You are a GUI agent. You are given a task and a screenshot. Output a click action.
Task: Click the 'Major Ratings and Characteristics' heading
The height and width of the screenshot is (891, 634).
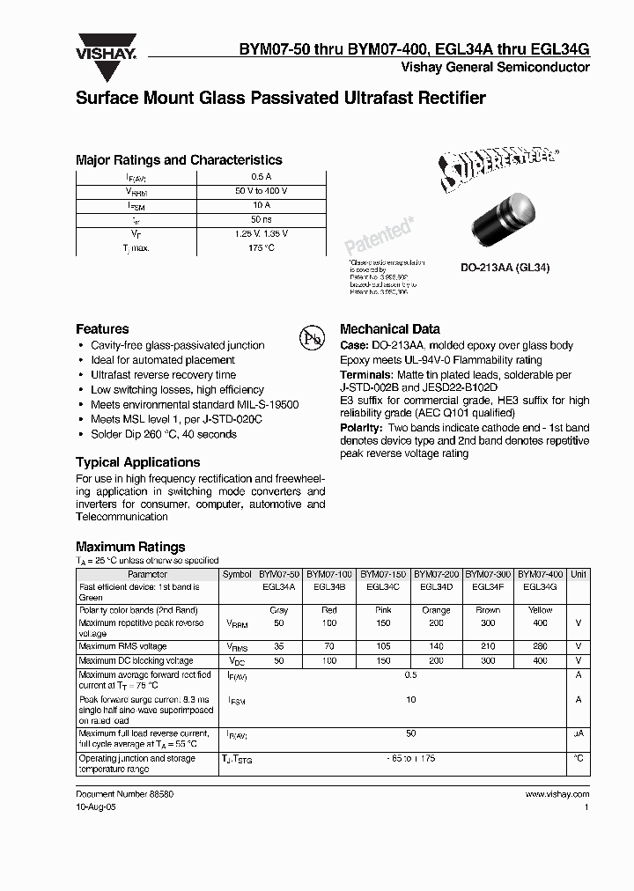(x=179, y=160)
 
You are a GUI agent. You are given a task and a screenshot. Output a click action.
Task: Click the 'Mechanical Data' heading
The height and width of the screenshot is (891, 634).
(x=390, y=328)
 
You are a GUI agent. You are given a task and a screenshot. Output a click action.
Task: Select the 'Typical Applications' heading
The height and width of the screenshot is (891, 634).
(x=137, y=462)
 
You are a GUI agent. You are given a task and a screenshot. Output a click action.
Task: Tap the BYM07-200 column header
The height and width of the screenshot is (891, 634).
(x=437, y=573)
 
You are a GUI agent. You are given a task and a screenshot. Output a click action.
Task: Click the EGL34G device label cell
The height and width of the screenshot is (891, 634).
(x=540, y=586)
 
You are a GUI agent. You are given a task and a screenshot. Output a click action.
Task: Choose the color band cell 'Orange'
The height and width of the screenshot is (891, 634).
(x=437, y=609)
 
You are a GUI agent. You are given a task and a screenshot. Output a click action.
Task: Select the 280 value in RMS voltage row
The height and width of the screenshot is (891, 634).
(x=540, y=646)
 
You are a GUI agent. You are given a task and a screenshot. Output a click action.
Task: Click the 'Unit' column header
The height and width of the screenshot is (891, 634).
(x=579, y=573)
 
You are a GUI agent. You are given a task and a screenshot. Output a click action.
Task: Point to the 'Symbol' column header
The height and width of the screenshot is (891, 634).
(x=237, y=573)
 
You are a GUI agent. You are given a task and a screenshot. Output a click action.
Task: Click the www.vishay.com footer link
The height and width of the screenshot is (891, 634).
(x=557, y=793)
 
